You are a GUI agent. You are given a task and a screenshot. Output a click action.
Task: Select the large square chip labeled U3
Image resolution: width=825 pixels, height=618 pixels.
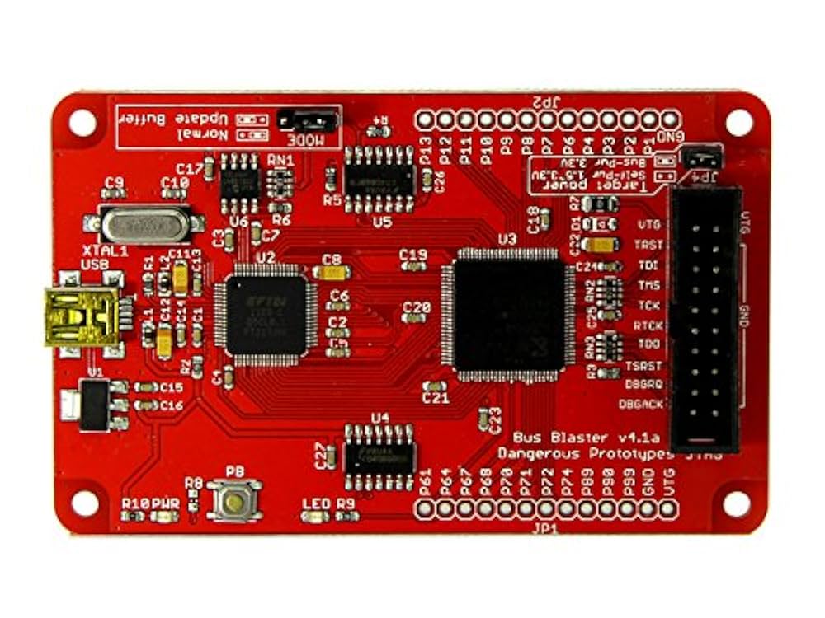(x=507, y=314)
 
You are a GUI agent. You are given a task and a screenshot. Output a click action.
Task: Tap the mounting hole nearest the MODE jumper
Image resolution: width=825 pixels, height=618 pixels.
(x=82, y=122)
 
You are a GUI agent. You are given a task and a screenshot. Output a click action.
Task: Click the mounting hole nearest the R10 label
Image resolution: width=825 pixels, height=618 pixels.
(x=84, y=501)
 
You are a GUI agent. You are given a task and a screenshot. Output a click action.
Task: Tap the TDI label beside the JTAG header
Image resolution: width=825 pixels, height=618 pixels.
(x=648, y=265)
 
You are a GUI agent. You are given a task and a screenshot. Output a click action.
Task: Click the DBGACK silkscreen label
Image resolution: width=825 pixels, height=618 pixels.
(x=640, y=404)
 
